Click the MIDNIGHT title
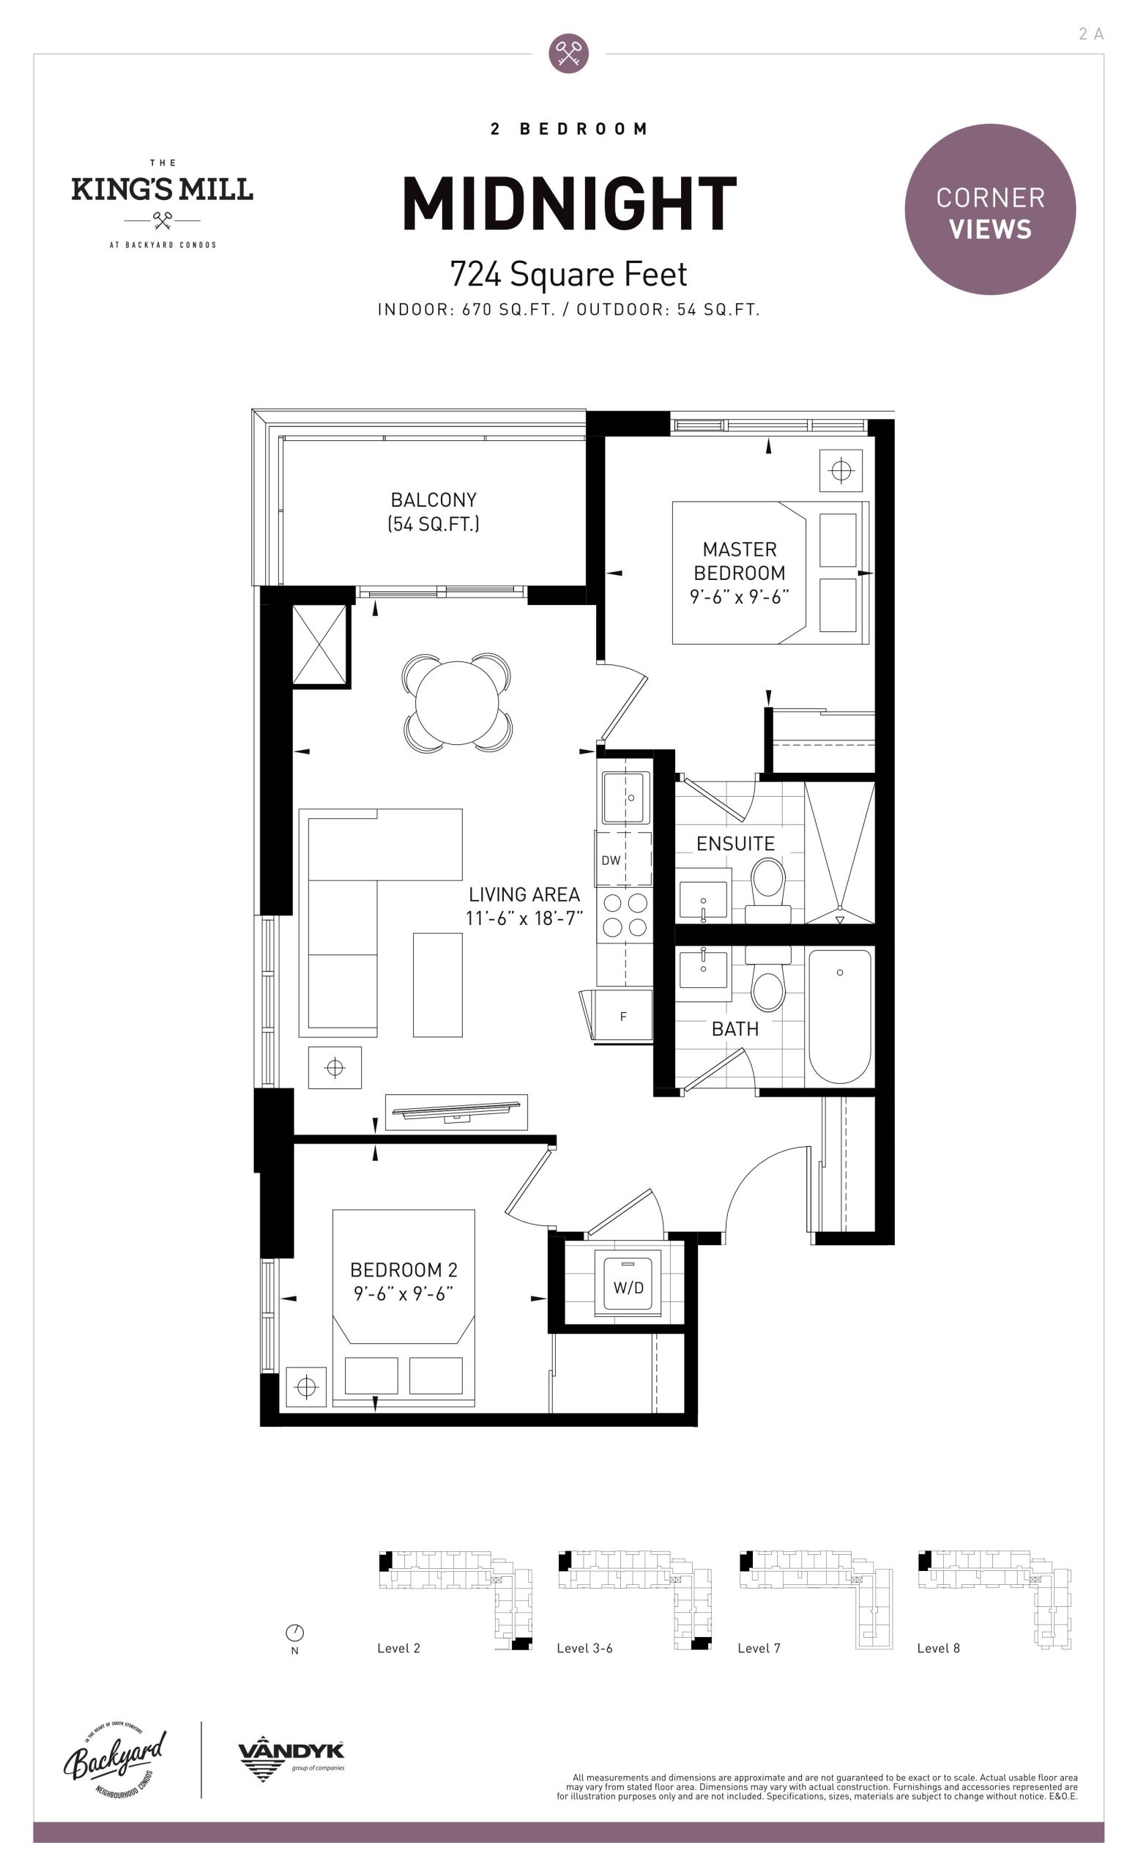tap(569, 203)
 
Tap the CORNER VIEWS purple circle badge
tap(989, 209)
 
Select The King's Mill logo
tap(162, 203)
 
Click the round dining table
tap(456, 702)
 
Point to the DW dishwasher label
tap(611, 861)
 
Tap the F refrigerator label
tap(623, 1017)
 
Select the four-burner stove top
tap(625, 916)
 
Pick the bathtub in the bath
tap(840, 1016)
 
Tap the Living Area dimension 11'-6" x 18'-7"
tap(524, 918)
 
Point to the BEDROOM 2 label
tap(404, 1270)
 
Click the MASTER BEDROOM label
tap(740, 561)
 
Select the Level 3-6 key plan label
tap(584, 1648)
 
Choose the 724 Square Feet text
tap(568, 274)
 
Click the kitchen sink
tap(626, 798)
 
